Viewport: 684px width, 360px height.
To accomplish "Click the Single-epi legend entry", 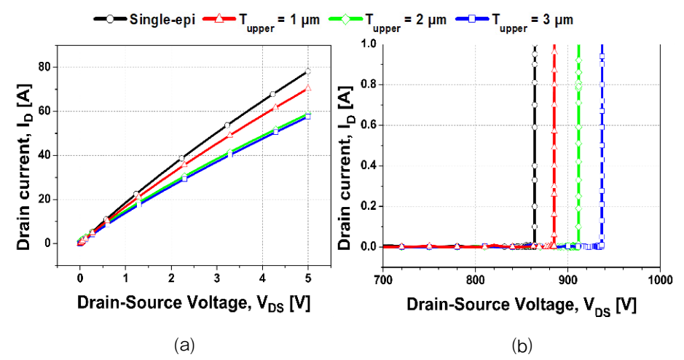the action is pyautogui.click(x=144, y=20).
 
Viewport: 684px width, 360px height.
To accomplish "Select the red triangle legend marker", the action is pyautogui.click(x=219, y=19).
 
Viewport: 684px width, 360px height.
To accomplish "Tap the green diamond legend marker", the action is pyautogui.click(x=345, y=19).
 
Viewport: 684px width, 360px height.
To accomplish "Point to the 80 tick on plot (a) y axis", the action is pyautogui.click(x=44, y=67).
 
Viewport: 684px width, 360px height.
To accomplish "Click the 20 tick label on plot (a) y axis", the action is pyautogui.click(x=44, y=200).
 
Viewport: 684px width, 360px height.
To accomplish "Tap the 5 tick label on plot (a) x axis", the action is pyautogui.click(x=308, y=278).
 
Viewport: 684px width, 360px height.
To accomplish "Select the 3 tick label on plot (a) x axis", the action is pyautogui.click(x=217, y=278).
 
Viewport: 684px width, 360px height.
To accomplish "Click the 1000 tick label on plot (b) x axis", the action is pyautogui.click(x=659, y=279).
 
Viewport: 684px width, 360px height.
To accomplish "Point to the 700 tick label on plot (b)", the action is pyautogui.click(x=383, y=279).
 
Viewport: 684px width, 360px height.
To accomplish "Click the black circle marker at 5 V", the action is pyautogui.click(x=308, y=71).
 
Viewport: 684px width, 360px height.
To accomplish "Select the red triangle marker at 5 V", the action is pyautogui.click(x=308, y=88).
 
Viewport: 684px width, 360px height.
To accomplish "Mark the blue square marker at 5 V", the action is pyautogui.click(x=308, y=117).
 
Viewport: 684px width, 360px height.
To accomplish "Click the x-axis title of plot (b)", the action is pyautogui.click(x=522, y=305).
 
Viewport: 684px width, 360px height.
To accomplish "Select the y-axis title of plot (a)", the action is pyautogui.click(x=25, y=167).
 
